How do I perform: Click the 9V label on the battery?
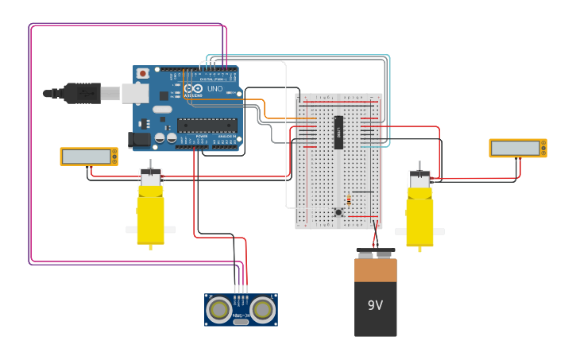pyautogui.click(x=375, y=305)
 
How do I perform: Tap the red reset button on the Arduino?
pyautogui.click(x=142, y=73)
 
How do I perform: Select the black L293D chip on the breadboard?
pyautogui.click(x=338, y=132)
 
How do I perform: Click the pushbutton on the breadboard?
pyautogui.click(x=338, y=212)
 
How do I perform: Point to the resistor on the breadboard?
pyautogui.click(x=349, y=200)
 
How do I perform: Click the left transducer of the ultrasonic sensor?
pyautogui.click(x=218, y=309)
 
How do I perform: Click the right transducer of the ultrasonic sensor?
pyautogui.click(x=263, y=309)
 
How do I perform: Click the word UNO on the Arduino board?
pyautogui.click(x=215, y=89)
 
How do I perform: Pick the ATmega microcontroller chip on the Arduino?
pyautogui.click(x=207, y=124)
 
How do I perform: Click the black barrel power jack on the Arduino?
pyautogui.click(x=140, y=140)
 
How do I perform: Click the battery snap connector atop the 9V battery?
pyautogui.click(x=375, y=254)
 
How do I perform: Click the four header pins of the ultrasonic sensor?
pyautogui.click(x=241, y=289)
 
